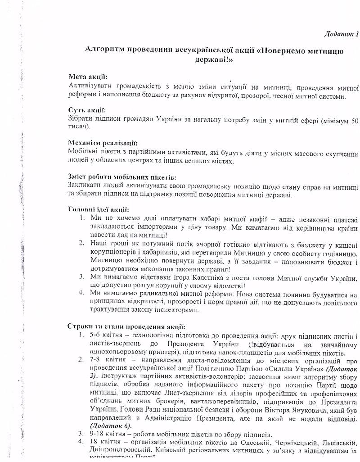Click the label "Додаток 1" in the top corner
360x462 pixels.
coord(341,34)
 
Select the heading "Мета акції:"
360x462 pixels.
coord(88,77)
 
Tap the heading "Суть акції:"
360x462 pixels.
coord(87,110)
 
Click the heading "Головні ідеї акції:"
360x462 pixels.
coord(98,209)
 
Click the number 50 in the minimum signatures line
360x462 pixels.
coord(354,120)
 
